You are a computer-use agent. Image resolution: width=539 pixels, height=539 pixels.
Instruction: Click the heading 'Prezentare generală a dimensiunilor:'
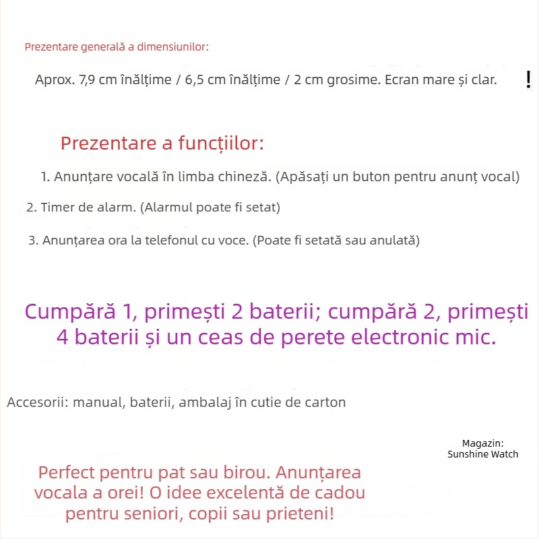click(x=117, y=47)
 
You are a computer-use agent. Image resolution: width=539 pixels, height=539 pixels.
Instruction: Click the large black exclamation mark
click(x=528, y=80)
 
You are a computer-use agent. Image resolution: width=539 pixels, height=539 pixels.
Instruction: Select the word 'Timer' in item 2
click(x=58, y=208)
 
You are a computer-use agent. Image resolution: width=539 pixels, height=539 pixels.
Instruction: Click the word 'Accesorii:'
click(x=37, y=403)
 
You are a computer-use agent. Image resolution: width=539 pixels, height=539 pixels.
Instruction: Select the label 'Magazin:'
click(x=482, y=443)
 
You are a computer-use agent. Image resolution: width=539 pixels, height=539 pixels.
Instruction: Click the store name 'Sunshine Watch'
click(x=482, y=454)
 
